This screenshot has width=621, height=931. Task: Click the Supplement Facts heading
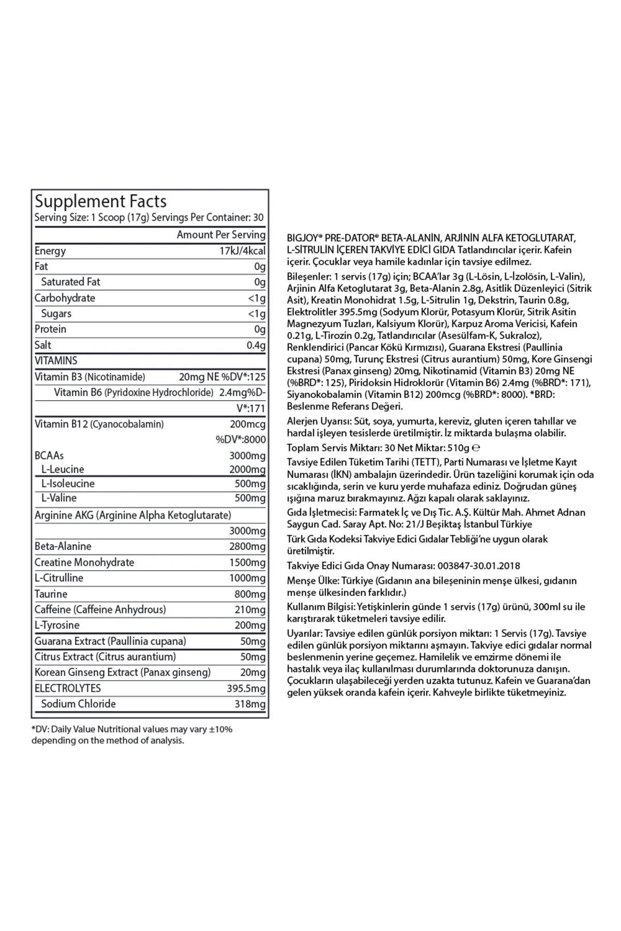coord(100,201)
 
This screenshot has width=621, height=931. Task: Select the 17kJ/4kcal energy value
coord(242,251)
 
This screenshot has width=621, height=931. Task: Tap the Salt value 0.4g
coord(256,345)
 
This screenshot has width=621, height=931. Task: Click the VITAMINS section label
coord(56,361)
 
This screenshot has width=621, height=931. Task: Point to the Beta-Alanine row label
coord(63,546)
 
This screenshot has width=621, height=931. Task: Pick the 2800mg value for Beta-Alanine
coord(247,546)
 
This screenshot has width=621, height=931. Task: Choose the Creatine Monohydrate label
coord(84,562)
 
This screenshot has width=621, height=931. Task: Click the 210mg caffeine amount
coord(249,609)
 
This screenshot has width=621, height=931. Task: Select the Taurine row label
coord(51,594)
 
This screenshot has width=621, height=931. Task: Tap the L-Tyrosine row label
coord(57,625)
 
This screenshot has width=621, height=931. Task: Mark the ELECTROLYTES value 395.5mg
coord(246,688)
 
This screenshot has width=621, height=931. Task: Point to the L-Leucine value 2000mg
coord(247,469)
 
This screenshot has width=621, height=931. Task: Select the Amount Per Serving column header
coord(221,235)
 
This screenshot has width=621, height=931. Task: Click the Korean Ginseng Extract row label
coord(123,672)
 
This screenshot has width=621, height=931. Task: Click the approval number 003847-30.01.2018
coord(479,566)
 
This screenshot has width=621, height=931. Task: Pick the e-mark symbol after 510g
coord(476,448)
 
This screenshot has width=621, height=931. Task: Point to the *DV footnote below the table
coord(132,734)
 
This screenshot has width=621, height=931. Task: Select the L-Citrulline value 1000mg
coord(247,578)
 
